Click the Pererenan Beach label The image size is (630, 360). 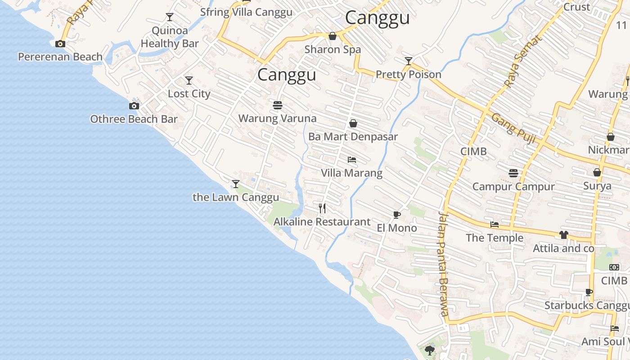click(60, 57)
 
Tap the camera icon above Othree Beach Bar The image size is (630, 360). click(134, 106)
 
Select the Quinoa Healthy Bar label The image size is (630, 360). click(170, 37)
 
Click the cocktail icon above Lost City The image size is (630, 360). click(189, 81)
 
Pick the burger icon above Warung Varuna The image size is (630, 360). click(277, 105)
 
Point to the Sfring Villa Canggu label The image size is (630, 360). click(246, 12)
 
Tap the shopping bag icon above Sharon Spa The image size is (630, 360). click(333, 36)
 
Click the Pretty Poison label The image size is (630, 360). click(408, 74)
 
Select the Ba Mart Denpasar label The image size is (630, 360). click(353, 136)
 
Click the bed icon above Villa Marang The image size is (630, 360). click(352, 160)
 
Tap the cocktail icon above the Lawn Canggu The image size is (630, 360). click(235, 184)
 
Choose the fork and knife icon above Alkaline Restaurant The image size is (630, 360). click(322, 208)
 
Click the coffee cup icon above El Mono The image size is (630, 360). click(396, 215)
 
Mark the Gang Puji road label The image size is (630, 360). click(513, 128)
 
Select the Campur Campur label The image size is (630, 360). click(513, 186)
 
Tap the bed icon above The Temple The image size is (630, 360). click(495, 225)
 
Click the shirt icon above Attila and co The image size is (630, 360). click(563, 235)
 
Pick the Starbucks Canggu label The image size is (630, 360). click(587, 306)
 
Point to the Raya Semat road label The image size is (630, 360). click(523, 61)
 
